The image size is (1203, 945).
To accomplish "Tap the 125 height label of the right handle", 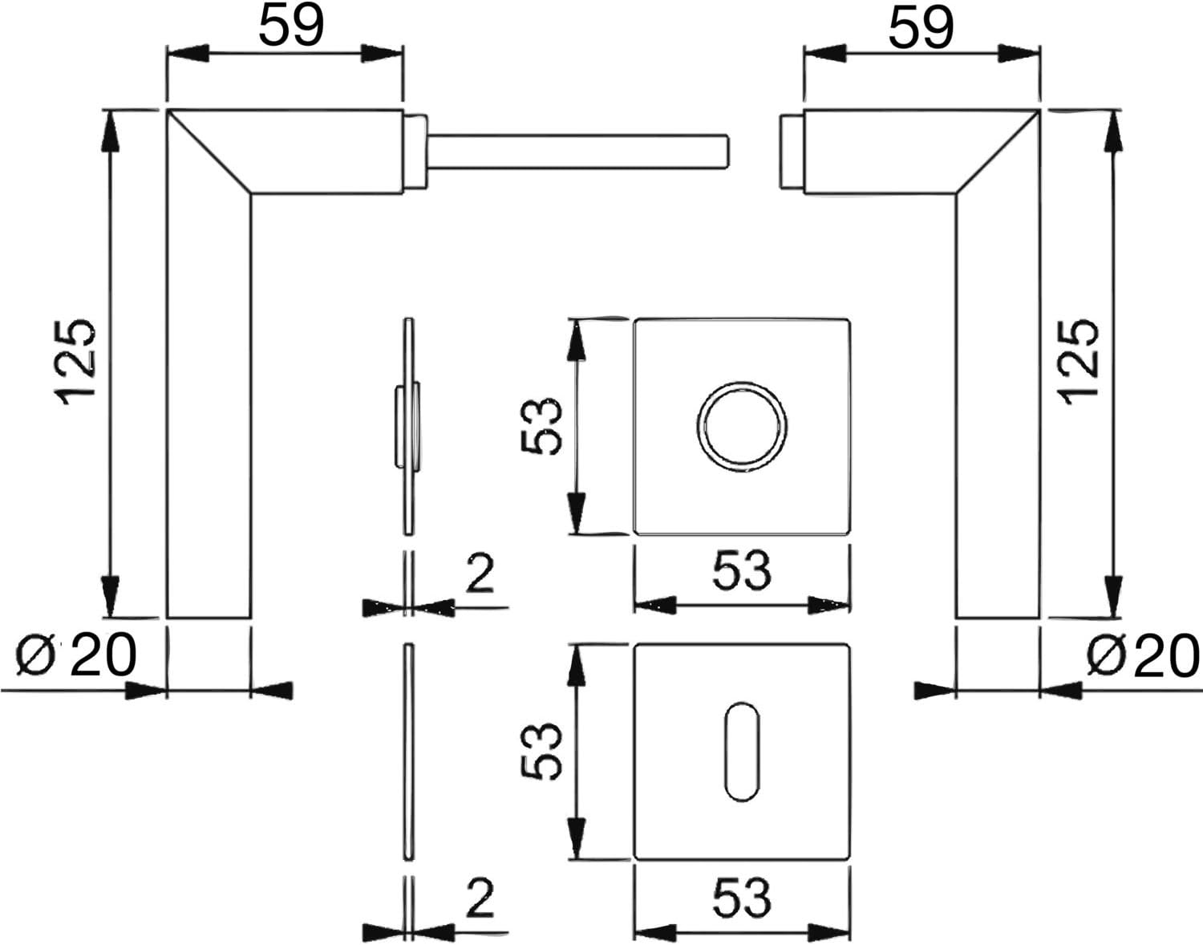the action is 1078,363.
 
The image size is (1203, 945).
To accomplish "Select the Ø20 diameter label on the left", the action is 76,655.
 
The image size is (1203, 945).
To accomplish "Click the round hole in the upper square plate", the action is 743,427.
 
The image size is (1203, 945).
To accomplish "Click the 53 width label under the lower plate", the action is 742,898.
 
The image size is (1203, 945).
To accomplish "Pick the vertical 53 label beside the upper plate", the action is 542,426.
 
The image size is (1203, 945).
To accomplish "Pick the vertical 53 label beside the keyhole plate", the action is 542,752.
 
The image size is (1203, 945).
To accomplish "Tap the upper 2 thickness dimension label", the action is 480,574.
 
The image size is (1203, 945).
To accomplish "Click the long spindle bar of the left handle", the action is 578,150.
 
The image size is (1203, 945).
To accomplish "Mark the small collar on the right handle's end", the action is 792,151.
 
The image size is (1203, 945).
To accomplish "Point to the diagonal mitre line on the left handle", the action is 209,152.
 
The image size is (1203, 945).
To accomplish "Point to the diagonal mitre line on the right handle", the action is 998,152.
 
